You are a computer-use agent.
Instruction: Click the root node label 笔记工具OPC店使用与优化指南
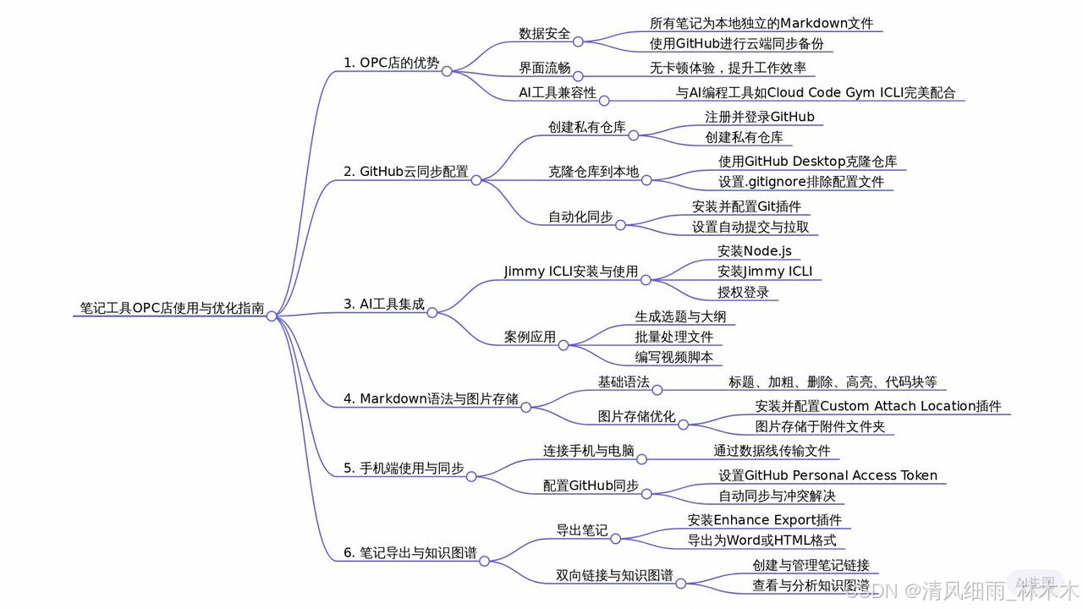[x=168, y=308]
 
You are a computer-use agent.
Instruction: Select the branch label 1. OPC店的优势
[x=391, y=63]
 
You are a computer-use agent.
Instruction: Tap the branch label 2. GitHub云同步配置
[x=405, y=172]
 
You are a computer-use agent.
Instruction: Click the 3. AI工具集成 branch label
[x=383, y=304]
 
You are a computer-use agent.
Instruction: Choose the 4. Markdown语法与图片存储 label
[x=431, y=399]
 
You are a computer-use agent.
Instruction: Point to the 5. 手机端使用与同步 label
[x=403, y=468]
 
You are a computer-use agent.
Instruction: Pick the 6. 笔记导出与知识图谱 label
[x=410, y=554]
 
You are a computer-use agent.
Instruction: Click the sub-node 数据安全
[x=544, y=34]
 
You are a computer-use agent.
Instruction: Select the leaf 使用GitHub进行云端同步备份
[x=736, y=44]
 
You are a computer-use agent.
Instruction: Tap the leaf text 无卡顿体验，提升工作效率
[x=728, y=68]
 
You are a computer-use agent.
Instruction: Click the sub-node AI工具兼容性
[x=558, y=93]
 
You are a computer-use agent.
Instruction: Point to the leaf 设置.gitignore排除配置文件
[x=801, y=182]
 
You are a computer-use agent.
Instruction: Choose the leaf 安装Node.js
[x=755, y=250]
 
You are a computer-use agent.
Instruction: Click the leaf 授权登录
[x=743, y=293]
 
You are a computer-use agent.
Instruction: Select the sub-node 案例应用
[x=530, y=337]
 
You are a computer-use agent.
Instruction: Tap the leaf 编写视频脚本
[x=673, y=357]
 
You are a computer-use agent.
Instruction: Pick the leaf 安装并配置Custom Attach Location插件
[x=877, y=406]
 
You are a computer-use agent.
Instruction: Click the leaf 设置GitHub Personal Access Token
[x=827, y=475]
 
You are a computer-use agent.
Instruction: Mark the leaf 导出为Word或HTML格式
[x=761, y=540]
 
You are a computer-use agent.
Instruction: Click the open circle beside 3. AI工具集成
[x=432, y=312]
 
